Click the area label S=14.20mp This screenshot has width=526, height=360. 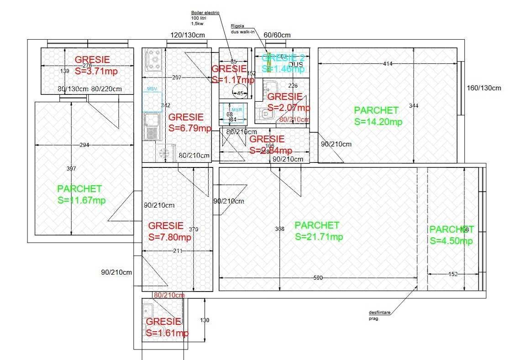tap(378, 122)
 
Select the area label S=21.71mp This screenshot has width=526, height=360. tap(319, 237)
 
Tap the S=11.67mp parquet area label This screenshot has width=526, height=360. tap(82, 200)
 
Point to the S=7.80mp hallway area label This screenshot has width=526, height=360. tap(170, 237)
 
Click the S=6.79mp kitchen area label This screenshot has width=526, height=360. tap(189, 128)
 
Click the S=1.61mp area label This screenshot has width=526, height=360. tap(167, 333)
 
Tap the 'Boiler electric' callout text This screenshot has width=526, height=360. tap(205, 13)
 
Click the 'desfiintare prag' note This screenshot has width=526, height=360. tap(380, 315)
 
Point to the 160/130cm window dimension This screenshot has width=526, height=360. tap(484, 88)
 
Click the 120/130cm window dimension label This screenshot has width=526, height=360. tap(188, 35)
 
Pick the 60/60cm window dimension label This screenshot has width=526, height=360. tap(277, 35)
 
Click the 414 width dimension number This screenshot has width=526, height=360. tap(388, 64)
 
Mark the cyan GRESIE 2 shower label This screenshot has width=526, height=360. tap(283, 57)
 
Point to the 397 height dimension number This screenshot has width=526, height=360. tap(71, 169)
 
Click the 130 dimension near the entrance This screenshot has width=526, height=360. tap(205, 320)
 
